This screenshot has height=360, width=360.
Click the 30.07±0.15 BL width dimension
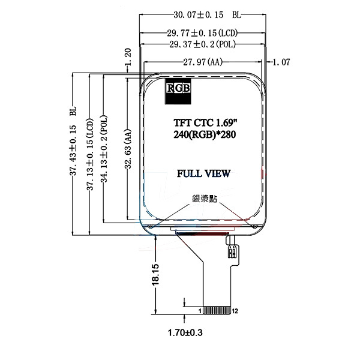(x=208, y=15)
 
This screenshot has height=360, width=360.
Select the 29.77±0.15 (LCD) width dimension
(x=202, y=33)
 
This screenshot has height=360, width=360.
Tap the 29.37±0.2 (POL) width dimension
(x=203, y=44)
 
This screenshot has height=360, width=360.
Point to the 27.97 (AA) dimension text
(x=203, y=62)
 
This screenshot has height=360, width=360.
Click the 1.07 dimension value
(x=281, y=62)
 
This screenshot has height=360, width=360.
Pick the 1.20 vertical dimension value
(x=127, y=57)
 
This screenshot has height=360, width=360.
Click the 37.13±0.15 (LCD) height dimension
(x=90, y=154)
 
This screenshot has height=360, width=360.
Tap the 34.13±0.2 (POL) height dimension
(x=104, y=149)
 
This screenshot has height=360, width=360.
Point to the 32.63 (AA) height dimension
(x=128, y=149)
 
